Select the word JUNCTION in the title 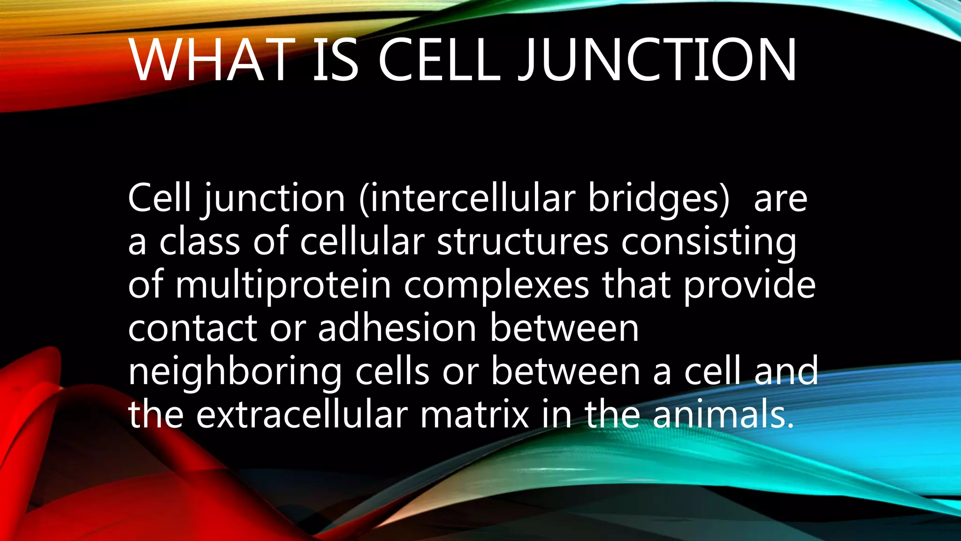pos(657,60)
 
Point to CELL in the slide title pos(439,60)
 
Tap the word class pos(199,241)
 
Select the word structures pos(523,241)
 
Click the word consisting pos(709,241)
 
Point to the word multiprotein pos(283,285)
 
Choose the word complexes pos(496,285)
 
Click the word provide pos(750,285)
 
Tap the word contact pos(192,328)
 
